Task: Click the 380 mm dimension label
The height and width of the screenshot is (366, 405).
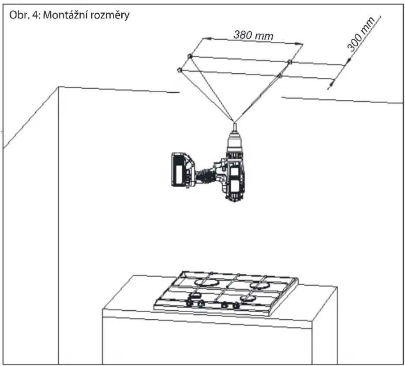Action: (253, 35)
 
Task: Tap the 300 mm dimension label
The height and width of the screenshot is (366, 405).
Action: (361, 34)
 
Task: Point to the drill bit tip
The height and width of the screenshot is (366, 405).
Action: (234, 122)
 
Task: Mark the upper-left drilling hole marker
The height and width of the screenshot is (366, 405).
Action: (190, 56)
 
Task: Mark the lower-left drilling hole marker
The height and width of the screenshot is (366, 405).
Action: (179, 70)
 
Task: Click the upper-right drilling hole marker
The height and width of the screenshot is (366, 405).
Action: (290, 62)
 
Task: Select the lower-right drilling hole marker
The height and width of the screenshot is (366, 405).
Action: (279, 76)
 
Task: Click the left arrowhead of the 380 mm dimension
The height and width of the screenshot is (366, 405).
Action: (207, 39)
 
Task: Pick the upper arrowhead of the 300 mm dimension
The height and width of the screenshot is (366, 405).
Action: (348, 61)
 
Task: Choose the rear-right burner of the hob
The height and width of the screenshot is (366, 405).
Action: (259, 285)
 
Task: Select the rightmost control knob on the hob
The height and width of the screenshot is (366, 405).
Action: (236, 306)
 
